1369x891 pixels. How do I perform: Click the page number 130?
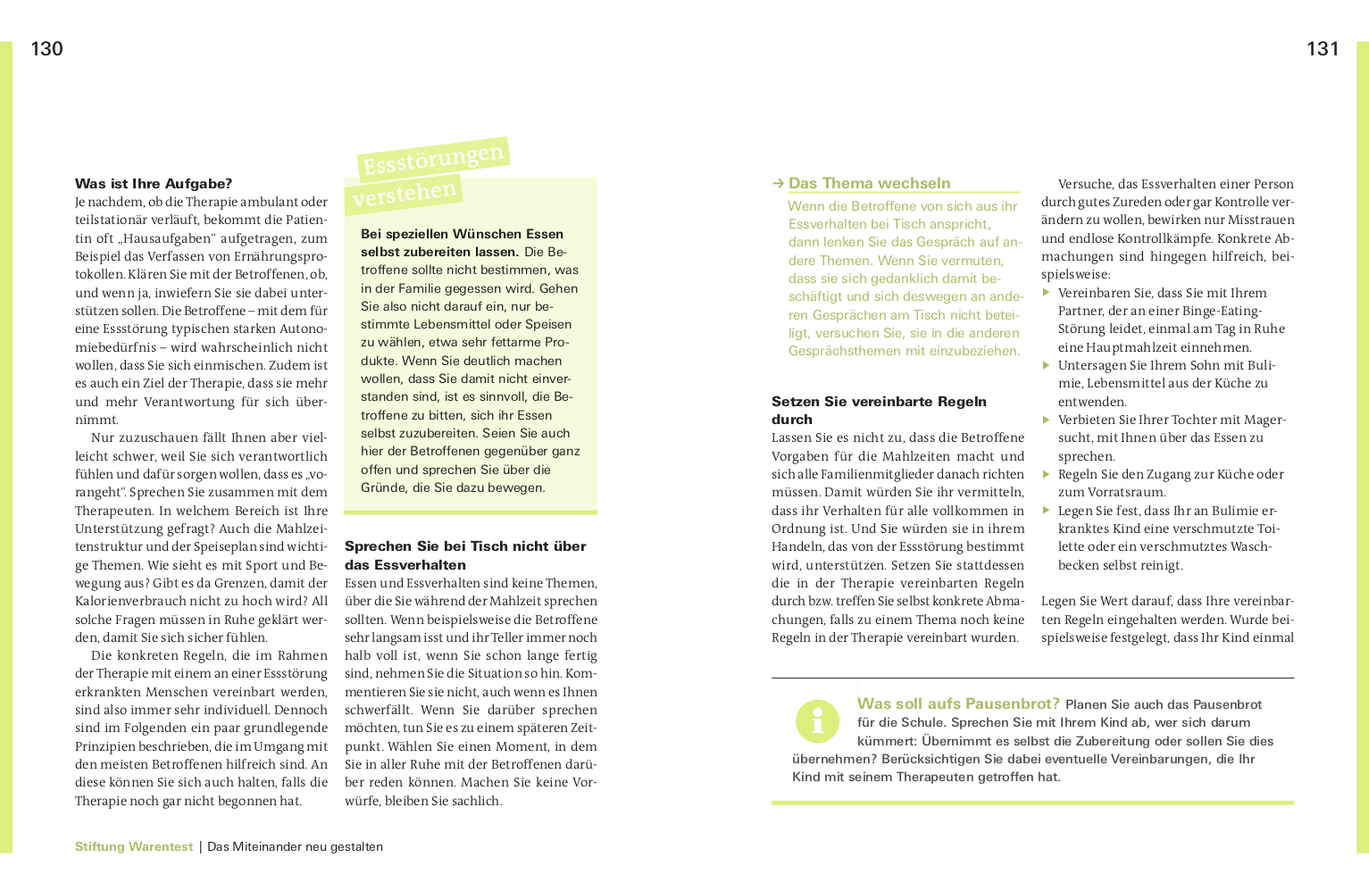tap(46, 49)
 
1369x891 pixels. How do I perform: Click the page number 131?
tap(1323, 49)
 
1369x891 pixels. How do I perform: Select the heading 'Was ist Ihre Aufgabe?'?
tap(154, 184)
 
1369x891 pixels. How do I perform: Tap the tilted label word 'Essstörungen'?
tap(433, 159)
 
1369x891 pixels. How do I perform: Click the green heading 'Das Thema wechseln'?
tap(869, 183)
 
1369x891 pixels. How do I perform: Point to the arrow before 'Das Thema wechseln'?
tap(778, 184)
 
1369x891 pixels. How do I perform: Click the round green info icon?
tap(817, 720)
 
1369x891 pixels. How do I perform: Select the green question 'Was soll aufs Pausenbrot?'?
tap(958, 704)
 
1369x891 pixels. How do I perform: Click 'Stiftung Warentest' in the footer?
tap(134, 846)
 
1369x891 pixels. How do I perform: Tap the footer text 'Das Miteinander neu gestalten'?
tap(295, 846)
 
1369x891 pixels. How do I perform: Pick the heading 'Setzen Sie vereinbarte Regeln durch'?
tap(879, 410)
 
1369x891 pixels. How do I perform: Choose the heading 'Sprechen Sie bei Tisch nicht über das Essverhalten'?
tap(465, 554)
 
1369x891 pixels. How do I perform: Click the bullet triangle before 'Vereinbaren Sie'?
tap(1047, 292)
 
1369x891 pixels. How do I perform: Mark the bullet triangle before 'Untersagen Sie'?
tap(1047, 364)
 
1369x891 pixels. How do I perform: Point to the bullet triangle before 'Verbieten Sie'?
tap(1047, 419)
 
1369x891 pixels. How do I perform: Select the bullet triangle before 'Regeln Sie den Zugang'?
tap(1047, 473)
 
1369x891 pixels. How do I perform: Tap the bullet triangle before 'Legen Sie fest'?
tap(1047, 510)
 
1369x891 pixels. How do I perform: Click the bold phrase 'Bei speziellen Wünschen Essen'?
tap(462, 234)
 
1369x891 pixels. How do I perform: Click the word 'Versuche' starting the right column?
tap(1085, 184)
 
